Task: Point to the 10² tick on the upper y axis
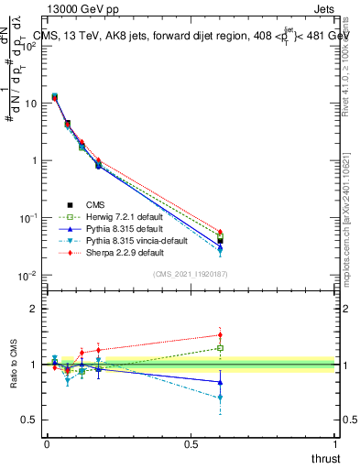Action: [28, 46]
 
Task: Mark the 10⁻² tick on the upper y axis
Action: [28, 276]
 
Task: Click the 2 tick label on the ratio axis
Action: [34, 309]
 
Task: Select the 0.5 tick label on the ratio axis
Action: [29, 420]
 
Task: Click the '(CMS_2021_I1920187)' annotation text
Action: [191, 275]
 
